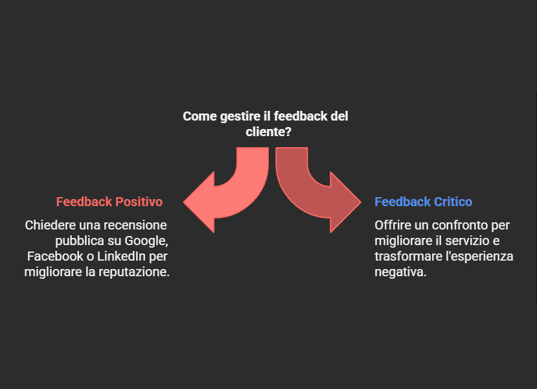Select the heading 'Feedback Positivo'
point(109,202)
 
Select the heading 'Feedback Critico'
point(423,202)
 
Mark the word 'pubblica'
point(73,241)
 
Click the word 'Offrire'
point(394,226)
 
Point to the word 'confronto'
point(461,226)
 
